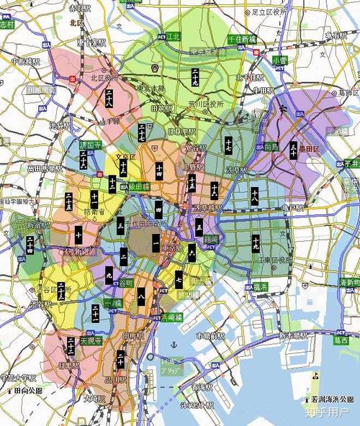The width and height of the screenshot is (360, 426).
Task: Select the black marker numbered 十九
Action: [x=256, y=244]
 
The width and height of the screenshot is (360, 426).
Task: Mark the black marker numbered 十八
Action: [x=255, y=194]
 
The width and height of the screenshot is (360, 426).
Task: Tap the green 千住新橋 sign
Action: [x=242, y=39]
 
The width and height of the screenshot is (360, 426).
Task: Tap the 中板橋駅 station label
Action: [x=25, y=61]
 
